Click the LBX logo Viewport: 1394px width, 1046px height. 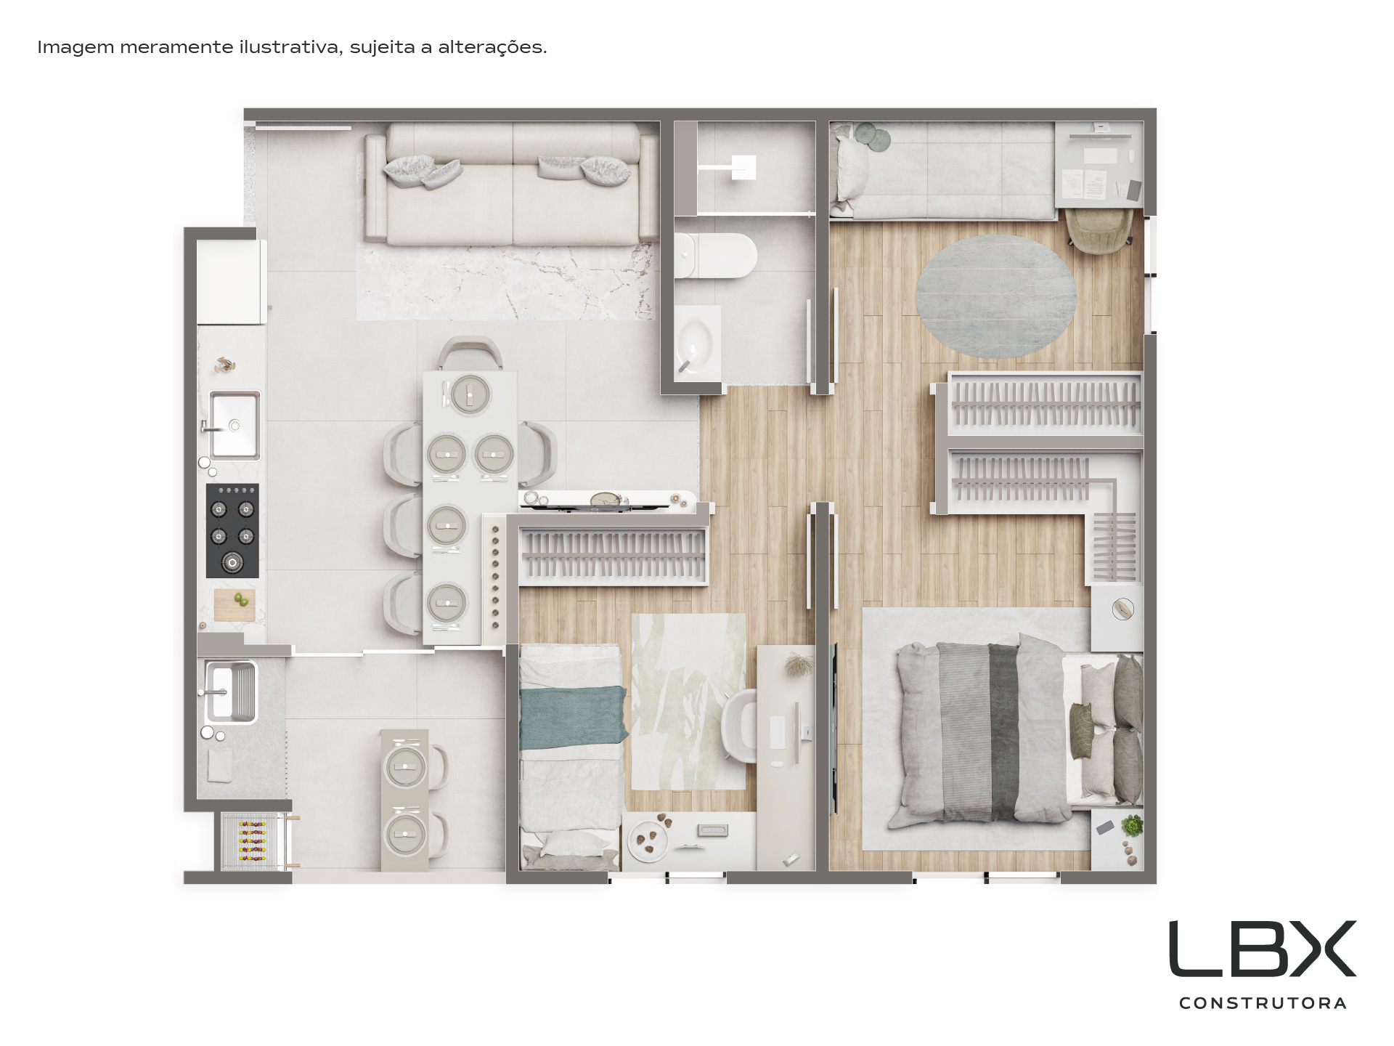click(1262, 949)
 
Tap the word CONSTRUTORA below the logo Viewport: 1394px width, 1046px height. click(1263, 1003)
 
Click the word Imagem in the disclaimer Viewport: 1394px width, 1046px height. click(76, 48)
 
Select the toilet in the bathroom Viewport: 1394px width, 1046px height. click(715, 256)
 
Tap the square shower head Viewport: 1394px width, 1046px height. click(743, 168)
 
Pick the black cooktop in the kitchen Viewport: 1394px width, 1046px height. click(232, 531)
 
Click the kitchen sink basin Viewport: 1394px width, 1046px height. click(234, 425)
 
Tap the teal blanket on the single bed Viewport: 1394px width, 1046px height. click(573, 718)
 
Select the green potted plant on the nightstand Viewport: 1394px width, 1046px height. click(1132, 827)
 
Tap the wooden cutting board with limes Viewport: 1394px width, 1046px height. click(235, 604)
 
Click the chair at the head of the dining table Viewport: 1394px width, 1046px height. click(470, 354)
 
